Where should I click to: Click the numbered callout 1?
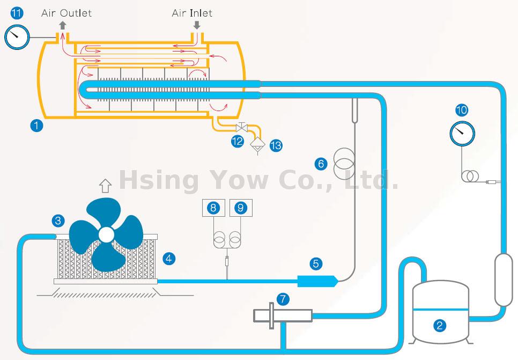point(36,126)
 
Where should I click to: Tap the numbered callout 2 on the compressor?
point(440,325)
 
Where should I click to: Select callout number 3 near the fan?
point(58,220)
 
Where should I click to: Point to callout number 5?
point(315,263)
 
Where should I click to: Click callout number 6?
point(321,164)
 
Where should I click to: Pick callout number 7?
point(283,298)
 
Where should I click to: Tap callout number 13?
point(276,145)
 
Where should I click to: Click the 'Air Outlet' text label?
point(66,13)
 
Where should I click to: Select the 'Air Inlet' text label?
point(192,13)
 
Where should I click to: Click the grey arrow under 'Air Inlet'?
point(197,25)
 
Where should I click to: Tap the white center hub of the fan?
point(106,234)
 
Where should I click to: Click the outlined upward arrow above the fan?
point(105,186)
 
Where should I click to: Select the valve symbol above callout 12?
point(241,128)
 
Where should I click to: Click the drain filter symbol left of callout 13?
point(257,143)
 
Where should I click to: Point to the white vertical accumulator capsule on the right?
point(504,280)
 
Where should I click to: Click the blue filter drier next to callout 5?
point(316,280)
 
